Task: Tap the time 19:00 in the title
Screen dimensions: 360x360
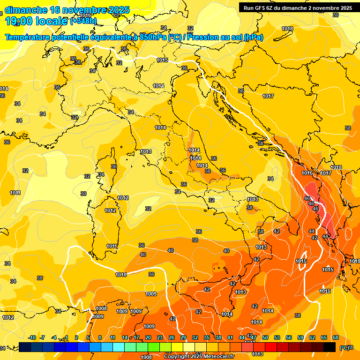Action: tap(21, 21)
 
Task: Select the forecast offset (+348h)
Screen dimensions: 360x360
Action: tap(83, 21)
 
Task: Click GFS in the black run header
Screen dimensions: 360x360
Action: tap(261, 8)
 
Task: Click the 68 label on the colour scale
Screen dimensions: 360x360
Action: tap(336, 337)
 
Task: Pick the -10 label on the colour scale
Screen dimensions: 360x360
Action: tap(32, 337)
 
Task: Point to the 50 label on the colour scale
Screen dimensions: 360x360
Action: tap(265, 337)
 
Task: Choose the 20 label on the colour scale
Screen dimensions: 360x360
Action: tap(148, 337)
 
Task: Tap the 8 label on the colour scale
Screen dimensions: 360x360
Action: tap(100, 337)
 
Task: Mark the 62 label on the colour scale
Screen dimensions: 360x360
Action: tap(312, 337)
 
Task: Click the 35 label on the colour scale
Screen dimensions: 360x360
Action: tap(207, 337)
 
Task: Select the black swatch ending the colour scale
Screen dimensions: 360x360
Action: tap(330, 347)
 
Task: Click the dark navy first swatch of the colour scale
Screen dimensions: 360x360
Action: tap(25, 347)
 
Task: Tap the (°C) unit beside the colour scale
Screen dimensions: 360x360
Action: tap(345, 348)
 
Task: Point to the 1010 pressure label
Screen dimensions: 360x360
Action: tap(121, 275)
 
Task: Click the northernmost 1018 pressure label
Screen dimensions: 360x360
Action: tap(287, 29)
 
